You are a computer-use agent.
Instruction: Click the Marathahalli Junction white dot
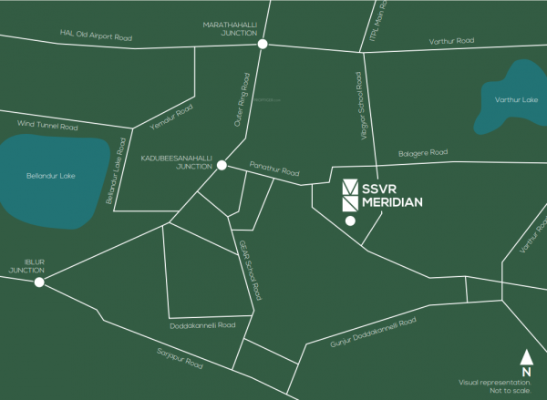[263, 44]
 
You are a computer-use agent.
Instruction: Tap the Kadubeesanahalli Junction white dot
[222, 165]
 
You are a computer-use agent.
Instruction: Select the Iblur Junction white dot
[39, 282]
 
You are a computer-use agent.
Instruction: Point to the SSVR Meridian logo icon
[351, 195]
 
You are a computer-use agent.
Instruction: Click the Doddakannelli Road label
[202, 324]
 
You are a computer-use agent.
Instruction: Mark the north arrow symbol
[526, 358]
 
